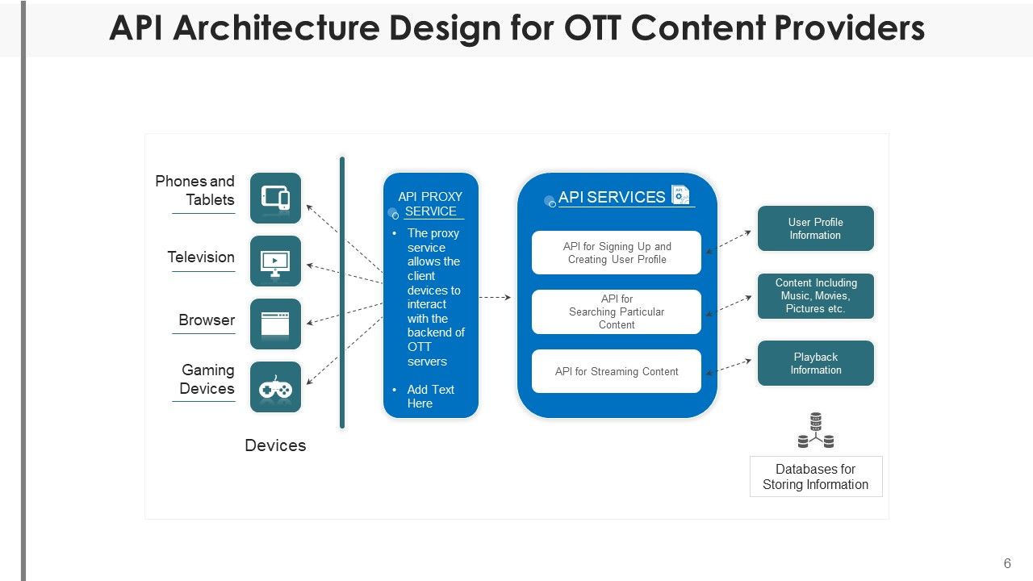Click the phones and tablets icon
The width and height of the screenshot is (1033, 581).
[275, 198]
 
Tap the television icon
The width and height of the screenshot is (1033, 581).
[275, 261]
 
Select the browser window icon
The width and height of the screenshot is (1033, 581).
[275, 324]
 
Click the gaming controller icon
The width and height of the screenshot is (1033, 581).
[275, 387]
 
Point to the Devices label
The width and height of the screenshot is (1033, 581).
[275, 445]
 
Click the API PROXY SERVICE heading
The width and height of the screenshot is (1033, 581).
[430, 204]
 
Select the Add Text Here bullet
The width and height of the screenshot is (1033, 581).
[430, 396]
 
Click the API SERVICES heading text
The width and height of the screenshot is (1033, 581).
[611, 197]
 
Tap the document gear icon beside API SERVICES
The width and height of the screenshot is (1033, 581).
[680, 195]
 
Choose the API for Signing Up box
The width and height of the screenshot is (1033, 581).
[617, 253]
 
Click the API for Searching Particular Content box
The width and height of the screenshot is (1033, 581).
[617, 311]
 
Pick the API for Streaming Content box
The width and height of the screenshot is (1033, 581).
[617, 371]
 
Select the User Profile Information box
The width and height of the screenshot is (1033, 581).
[815, 228]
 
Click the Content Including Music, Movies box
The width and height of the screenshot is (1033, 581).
[815, 295]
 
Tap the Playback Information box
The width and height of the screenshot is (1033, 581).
[815, 363]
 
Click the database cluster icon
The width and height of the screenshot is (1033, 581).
[815, 431]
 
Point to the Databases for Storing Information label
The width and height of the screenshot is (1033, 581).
[815, 476]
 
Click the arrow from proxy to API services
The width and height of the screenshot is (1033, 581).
[496, 298]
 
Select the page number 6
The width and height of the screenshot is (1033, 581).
[1007, 563]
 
